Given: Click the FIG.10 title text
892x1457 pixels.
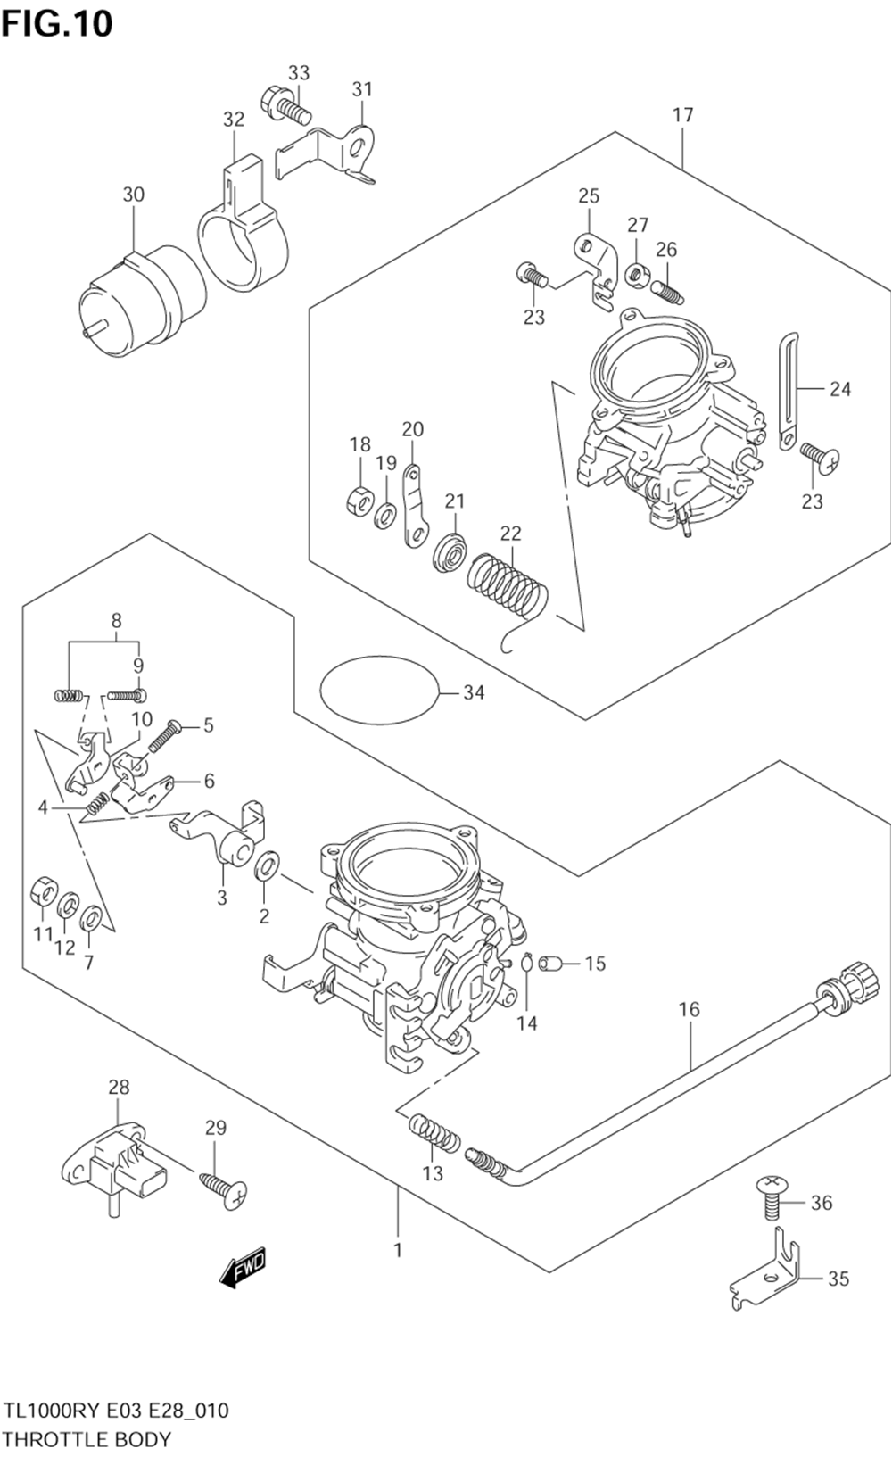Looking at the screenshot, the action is tap(57, 24).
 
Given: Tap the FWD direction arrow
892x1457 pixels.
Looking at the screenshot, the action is tap(244, 1267).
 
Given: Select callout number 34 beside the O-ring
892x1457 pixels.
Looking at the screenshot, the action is tap(474, 692).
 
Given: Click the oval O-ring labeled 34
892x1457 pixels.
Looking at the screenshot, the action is tap(380, 690).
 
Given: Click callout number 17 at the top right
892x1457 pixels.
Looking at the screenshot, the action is tap(682, 115).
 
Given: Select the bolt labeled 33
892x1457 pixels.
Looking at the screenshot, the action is tap(285, 107).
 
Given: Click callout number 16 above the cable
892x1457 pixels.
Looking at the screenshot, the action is tap(690, 1009).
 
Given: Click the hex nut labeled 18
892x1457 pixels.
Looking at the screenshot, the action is tap(359, 501).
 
